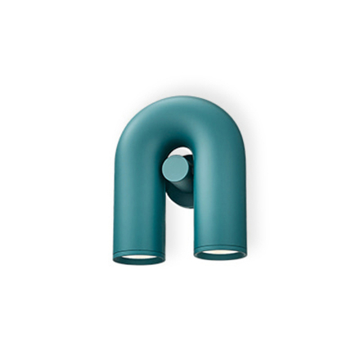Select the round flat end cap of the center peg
[174, 170]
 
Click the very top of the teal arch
[180, 99]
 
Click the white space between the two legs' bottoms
[178, 245]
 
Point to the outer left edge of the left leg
[114, 205]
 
